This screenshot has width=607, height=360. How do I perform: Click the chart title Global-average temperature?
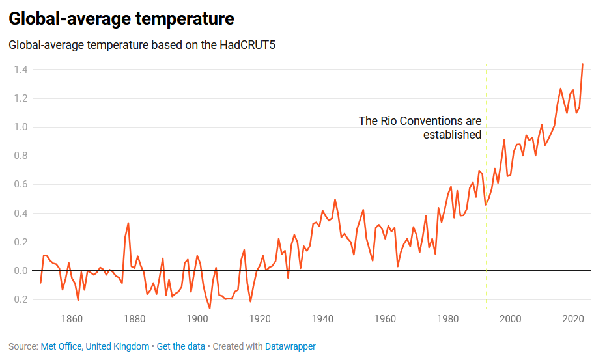tap(121, 19)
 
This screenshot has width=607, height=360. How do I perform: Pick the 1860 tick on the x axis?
tap(72, 319)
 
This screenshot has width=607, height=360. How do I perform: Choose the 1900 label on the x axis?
tap(197, 319)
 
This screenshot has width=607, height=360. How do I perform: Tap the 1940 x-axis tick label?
tap(322, 319)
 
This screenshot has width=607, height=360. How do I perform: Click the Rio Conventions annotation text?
tap(420, 128)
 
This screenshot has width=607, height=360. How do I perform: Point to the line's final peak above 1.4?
tap(582, 64)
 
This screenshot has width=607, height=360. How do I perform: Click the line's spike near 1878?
tap(128, 223)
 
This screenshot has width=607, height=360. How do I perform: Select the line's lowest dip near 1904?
tap(210, 308)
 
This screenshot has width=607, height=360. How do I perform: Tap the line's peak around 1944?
tap(335, 200)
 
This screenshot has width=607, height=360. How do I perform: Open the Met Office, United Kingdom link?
tap(95, 346)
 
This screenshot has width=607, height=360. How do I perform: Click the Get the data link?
tap(180, 346)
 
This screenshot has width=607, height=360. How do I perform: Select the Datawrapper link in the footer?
tap(290, 346)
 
